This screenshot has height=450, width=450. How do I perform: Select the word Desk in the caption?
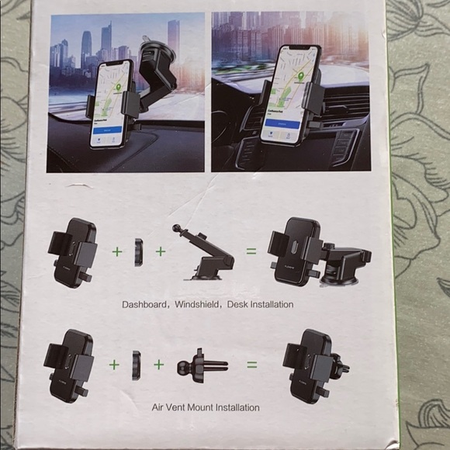pos(237,305)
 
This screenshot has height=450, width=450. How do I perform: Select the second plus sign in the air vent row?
pos(160,363)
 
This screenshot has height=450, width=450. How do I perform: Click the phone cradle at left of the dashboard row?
pos(77,251)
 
